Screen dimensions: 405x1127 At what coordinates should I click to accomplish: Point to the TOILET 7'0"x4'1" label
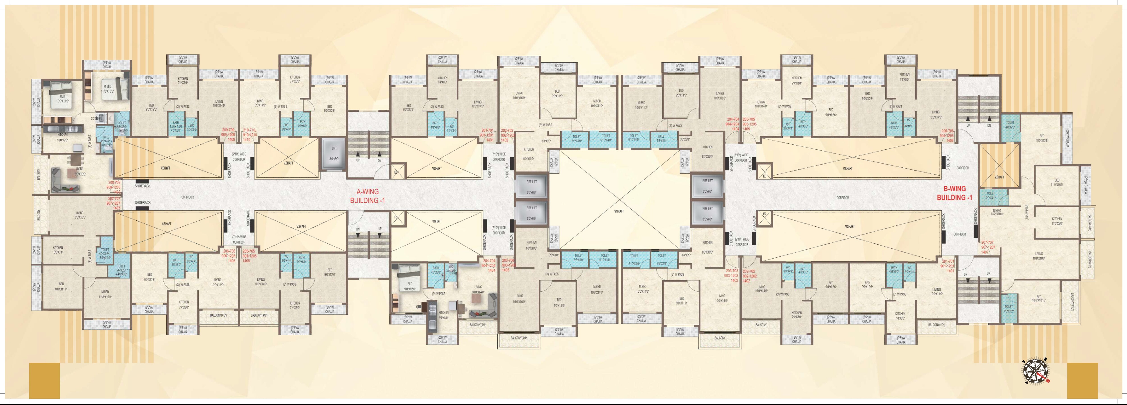[990, 195]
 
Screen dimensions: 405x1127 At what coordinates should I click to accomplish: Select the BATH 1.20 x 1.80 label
[175, 125]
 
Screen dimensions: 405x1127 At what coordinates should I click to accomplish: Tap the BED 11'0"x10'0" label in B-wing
[1057, 182]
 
